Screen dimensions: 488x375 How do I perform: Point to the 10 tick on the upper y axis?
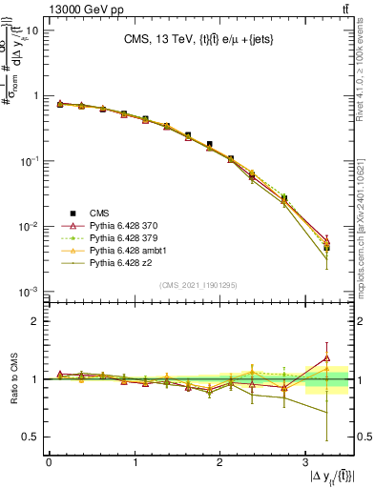(31, 30)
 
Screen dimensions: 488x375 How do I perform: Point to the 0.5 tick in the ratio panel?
(30, 437)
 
